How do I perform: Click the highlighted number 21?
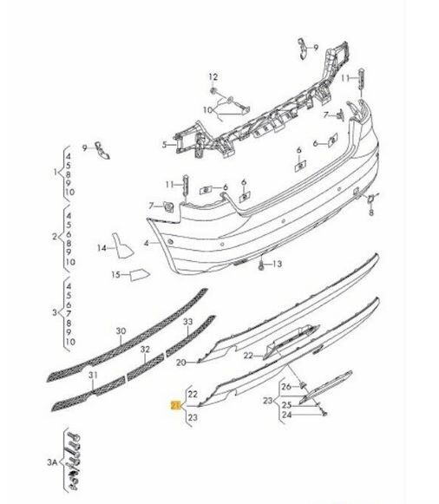click(176, 405)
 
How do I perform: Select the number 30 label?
click(121, 331)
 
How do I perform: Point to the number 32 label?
click(146, 350)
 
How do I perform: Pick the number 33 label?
click(187, 323)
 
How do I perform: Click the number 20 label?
click(180, 363)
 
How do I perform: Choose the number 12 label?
click(213, 77)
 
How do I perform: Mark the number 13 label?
click(278, 263)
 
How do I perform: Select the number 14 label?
click(101, 248)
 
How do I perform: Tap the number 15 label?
click(115, 276)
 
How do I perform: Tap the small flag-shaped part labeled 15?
click(140, 276)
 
